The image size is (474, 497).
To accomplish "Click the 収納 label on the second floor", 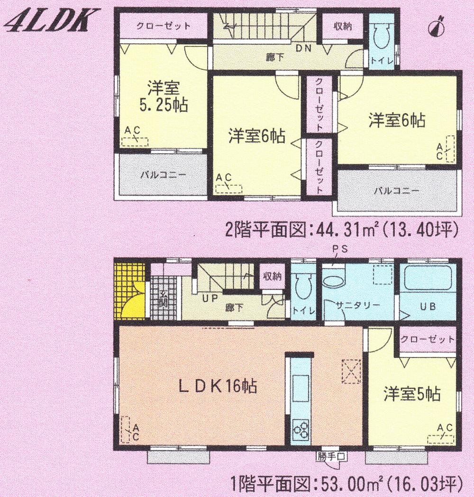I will point(342,27).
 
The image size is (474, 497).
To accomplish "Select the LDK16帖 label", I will point(218,387).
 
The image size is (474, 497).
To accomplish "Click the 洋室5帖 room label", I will point(411,394).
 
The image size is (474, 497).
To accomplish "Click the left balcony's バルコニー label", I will point(163,174).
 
